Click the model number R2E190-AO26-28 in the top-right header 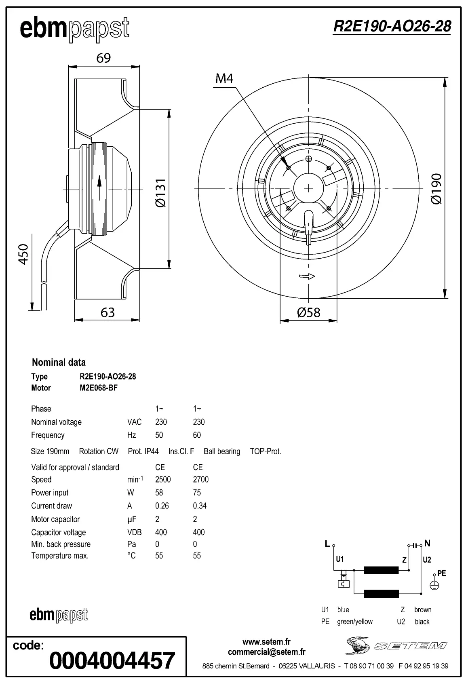click(x=392, y=26)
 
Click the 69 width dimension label click(x=103, y=58)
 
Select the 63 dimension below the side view click(x=108, y=312)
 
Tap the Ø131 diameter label click(x=161, y=193)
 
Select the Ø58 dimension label click(x=308, y=312)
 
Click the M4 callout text click(x=224, y=78)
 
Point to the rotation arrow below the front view click(x=307, y=276)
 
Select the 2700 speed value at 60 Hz click(x=200, y=479)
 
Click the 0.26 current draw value click(x=162, y=506)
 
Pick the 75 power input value click(x=197, y=493)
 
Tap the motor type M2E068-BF click(x=99, y=388)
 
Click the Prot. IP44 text click(x=143, y=451)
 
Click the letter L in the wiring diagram click(x=327, y=544)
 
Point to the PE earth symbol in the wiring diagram click(x=434, y=585)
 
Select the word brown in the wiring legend click(x=423, y=610)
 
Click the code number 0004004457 click(x=112, y=661)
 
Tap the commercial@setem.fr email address click(x=266, y=652)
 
